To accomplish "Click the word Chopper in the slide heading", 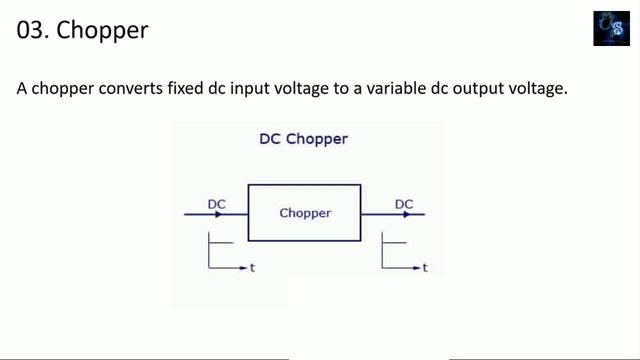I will click(103, 30).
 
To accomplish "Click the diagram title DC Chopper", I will click(303, 139).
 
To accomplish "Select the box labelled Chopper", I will click(304, 213).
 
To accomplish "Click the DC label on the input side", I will click(217, 204).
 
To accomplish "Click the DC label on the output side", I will click(404, 204).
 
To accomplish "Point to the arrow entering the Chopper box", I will click(214, 214).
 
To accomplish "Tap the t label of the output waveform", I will click(425, 268).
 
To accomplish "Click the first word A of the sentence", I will click(22, 89).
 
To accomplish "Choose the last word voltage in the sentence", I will click(541, 89).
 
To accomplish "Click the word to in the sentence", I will click(347, 89).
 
